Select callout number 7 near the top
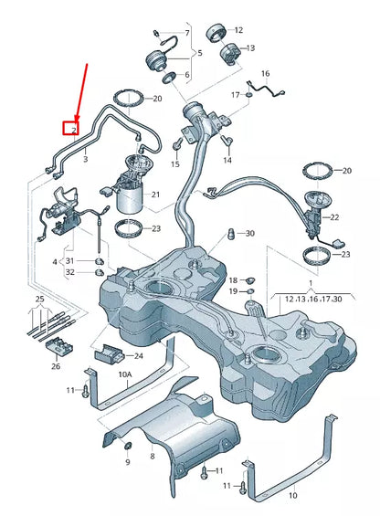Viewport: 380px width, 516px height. pos(186,33)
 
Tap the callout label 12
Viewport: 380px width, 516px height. pos(239,30)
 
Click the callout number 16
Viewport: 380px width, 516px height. pos(266,73)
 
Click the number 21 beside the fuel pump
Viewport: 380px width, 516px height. pos(154,195)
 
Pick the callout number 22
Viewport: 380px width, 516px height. pos(334,216)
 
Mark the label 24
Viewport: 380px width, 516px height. pos(139,355)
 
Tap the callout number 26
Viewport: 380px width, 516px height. pos(56,367)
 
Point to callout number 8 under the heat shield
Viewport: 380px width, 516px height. pos(153,454)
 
